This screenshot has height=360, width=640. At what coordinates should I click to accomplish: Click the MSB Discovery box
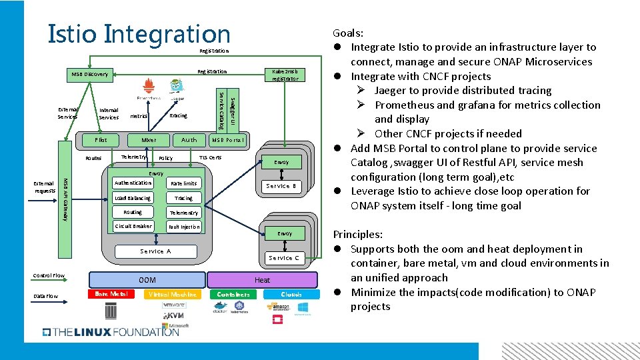pos(90,74)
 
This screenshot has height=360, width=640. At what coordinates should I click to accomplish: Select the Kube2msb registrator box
pos(285,75)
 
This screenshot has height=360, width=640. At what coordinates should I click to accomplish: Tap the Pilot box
pos(101,140)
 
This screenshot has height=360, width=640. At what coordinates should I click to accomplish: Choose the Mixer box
pos(149,140)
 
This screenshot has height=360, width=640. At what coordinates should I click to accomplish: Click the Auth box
pos(189,140)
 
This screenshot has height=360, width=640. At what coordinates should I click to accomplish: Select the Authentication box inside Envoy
pos(133,183)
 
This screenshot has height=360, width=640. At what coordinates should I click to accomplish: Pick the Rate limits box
pos(183,183)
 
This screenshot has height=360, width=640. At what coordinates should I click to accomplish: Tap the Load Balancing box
pos(133,198)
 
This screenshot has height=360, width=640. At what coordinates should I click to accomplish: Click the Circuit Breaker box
pos(133,226)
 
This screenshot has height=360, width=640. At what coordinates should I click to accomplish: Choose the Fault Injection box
pos(183,227)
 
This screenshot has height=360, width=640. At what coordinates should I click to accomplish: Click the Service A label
pos(155,251)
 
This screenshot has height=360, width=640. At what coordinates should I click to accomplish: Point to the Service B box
pos(281,186)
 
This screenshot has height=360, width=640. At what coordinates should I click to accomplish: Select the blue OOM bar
pos(147,280)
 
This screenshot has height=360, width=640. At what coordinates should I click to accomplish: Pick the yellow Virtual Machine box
pos(172,294)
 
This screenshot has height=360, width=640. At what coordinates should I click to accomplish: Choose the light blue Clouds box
pos(291,294)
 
